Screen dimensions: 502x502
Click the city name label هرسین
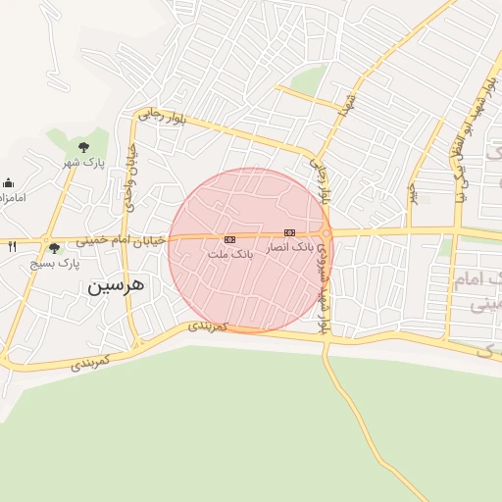pos(116,285)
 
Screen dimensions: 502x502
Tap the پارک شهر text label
pos(84,161)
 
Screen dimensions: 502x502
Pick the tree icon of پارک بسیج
pos(54,248)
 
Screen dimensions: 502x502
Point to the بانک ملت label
pos(229,253)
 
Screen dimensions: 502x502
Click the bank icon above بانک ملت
pos(229,239)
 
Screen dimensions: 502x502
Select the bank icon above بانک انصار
pos(288,232)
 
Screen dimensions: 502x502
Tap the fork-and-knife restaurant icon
pos(12,246)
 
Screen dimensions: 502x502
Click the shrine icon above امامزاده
pos(9,182)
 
